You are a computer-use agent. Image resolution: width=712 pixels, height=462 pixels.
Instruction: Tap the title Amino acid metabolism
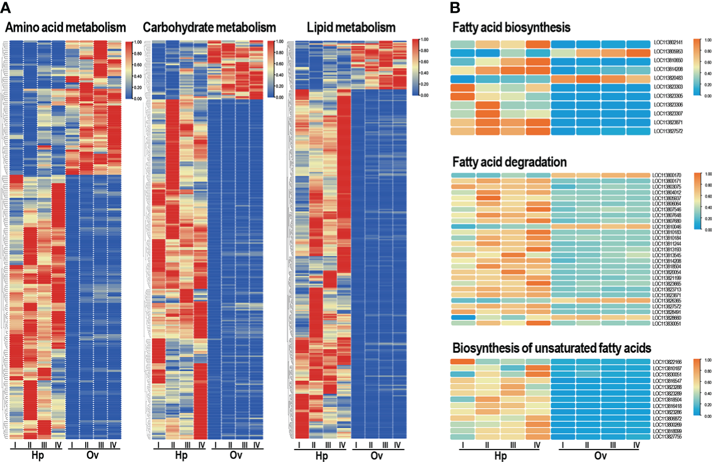pos(66,27)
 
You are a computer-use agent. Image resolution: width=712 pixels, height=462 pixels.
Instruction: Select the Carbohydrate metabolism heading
pos(210,27)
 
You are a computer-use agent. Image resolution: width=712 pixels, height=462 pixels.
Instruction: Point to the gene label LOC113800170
pos(667,176)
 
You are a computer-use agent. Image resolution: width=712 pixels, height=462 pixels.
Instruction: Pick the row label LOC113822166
pos(667,362)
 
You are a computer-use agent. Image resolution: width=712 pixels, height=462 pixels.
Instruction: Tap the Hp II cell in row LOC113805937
pos(487,198)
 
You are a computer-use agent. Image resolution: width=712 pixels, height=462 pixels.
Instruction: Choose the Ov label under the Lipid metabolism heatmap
pos(375,456)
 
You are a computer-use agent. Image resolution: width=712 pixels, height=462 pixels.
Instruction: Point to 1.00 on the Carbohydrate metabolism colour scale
pos(280,41)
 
